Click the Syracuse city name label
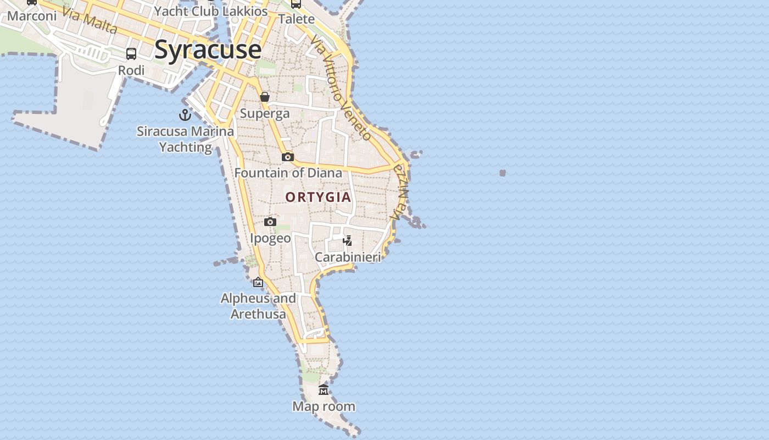point(208,50)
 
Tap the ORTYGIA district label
point(318,197)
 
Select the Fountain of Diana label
point(288,173)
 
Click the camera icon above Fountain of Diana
point(287,157)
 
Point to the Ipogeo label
point(270,238)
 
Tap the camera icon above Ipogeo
point(270,222)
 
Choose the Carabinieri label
point(348,257)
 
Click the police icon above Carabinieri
point(347,240)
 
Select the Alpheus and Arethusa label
point(258,306)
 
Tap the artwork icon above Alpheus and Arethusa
point(258,283)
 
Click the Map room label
point(324,406)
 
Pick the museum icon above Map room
point(324,390)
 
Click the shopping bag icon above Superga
point(265,97)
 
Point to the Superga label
point(265,113)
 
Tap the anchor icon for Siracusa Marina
point(185,115)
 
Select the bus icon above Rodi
point(131,54)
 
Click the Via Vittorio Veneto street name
point(341,88)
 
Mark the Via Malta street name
point(90,20)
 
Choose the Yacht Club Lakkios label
point(211,11)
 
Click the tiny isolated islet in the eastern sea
point(502,173)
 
